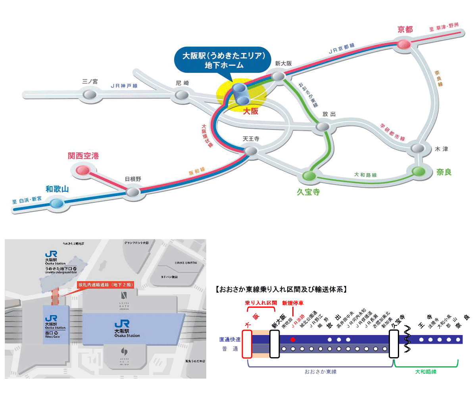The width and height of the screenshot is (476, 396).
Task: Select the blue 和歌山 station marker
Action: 57,204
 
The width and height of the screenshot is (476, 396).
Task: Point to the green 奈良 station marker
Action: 418,171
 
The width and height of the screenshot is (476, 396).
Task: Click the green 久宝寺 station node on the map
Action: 309,175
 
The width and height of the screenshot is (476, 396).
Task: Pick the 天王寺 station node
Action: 250,151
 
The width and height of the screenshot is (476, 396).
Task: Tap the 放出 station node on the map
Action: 322,126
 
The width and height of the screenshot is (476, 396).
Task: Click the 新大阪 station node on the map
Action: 278,76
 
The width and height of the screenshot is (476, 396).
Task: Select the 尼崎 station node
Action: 182,95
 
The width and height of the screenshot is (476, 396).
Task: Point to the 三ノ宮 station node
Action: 90,94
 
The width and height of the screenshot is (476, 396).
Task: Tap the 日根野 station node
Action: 133,192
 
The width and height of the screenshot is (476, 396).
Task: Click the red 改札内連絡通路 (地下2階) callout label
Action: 105,284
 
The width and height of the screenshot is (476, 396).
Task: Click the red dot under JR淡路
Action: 293,339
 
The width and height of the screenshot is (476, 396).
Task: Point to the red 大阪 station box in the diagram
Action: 247,344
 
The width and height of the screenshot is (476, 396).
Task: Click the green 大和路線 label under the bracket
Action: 426,372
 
